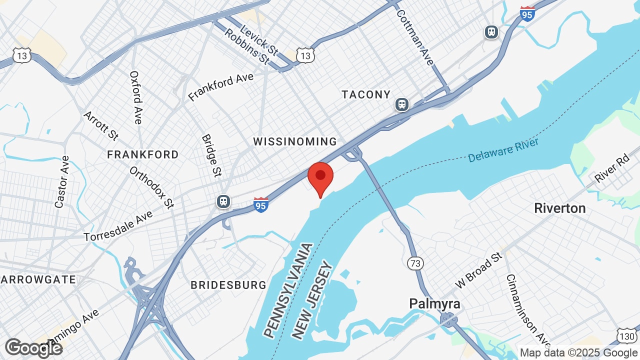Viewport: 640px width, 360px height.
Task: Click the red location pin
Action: click(x=320, y=177)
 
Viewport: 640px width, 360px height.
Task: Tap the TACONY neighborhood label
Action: click(x=366, y=94)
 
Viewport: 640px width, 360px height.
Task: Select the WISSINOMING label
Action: click(x=295, y=141)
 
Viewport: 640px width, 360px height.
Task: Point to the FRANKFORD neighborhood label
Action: click(x=143, y=154)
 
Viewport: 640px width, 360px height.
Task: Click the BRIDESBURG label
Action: click(x=228, y=285)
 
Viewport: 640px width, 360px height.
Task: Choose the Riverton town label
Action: click(x=560, y=208)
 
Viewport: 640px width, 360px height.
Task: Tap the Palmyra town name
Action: click(x=434, y=303)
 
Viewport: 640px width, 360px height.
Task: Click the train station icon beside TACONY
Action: click(x=401, y=104)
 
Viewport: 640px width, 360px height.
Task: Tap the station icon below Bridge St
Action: click(x=223, y=201)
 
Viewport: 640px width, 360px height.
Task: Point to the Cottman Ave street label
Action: click(x=414, y=37)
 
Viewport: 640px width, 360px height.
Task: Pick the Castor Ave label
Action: click(x=62, y=181)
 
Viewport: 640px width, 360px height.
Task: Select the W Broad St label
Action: click(x=478, y=270)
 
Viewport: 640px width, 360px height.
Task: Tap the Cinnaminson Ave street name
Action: click(x=521, y=305)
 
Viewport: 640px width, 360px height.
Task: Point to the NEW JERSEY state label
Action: click(x=313, y=299)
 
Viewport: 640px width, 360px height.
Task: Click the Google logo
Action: click(x=33, y=348)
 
